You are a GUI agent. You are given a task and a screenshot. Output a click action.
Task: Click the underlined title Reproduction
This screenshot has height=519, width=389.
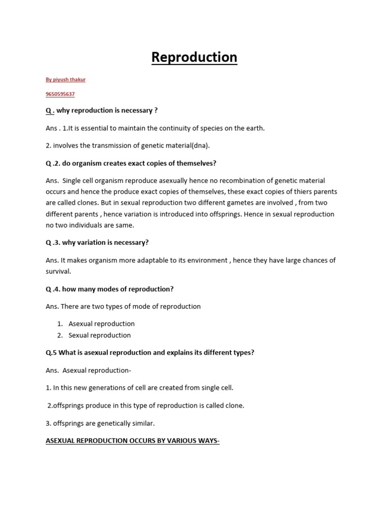(194, 57)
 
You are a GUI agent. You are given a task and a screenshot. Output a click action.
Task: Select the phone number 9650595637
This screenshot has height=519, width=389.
(60, 94)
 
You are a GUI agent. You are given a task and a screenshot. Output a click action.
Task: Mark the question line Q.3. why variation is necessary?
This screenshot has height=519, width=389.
(97, 243)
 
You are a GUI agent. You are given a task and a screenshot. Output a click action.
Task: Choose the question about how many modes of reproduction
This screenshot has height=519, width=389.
(109, 289)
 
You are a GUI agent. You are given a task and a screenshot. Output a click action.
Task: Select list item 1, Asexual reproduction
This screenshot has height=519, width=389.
(101, 324)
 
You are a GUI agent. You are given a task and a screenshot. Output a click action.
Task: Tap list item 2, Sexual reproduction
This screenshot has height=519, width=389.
(99, 336)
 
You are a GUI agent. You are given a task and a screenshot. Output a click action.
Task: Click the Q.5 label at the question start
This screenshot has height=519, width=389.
(51, 353)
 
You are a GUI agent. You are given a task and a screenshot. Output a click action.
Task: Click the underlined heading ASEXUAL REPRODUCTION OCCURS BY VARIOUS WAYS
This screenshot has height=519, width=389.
(133, 441)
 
